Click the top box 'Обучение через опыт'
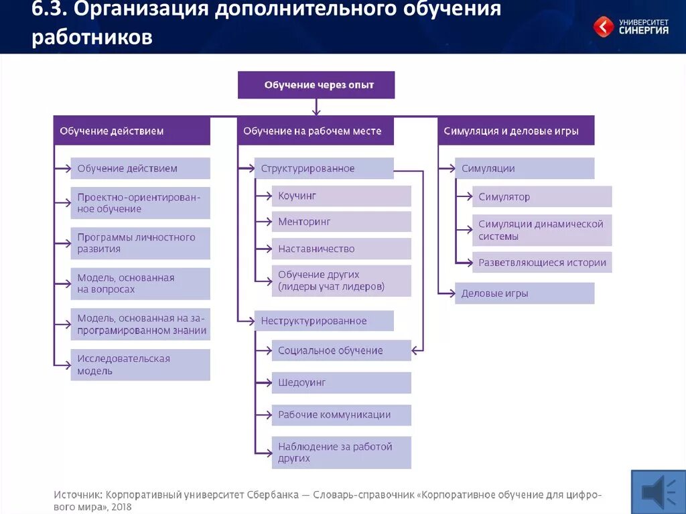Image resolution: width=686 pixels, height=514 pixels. tap(316, 85)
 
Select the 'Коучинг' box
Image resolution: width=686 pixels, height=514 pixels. tap(341, 196)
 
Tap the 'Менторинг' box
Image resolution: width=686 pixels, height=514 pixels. tap(341, 222)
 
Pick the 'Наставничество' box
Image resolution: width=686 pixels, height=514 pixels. tap(341, 249)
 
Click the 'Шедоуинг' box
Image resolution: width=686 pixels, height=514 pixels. tap(341, 383)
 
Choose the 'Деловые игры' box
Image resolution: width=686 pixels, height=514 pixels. tap(525, 294)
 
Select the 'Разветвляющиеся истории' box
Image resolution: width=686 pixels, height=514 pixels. tap(542, 263)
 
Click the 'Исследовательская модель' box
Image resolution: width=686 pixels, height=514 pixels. tap(140, 365)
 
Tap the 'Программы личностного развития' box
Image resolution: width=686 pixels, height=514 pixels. tap(140, 243)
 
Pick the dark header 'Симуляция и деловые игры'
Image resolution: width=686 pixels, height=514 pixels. tap(516, 131)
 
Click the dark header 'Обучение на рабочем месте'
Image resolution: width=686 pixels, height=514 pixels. tap(316, 131)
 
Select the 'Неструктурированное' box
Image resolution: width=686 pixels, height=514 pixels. tap(324, 321)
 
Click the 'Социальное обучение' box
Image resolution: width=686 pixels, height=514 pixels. tap(341, 350)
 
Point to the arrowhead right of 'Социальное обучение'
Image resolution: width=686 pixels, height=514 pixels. tap(416, 350)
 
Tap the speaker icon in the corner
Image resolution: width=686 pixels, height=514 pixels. tap(658, 492)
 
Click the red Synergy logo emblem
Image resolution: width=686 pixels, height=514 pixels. tap(604, 27)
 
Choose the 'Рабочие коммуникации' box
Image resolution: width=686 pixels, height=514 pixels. tap(341, 415)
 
